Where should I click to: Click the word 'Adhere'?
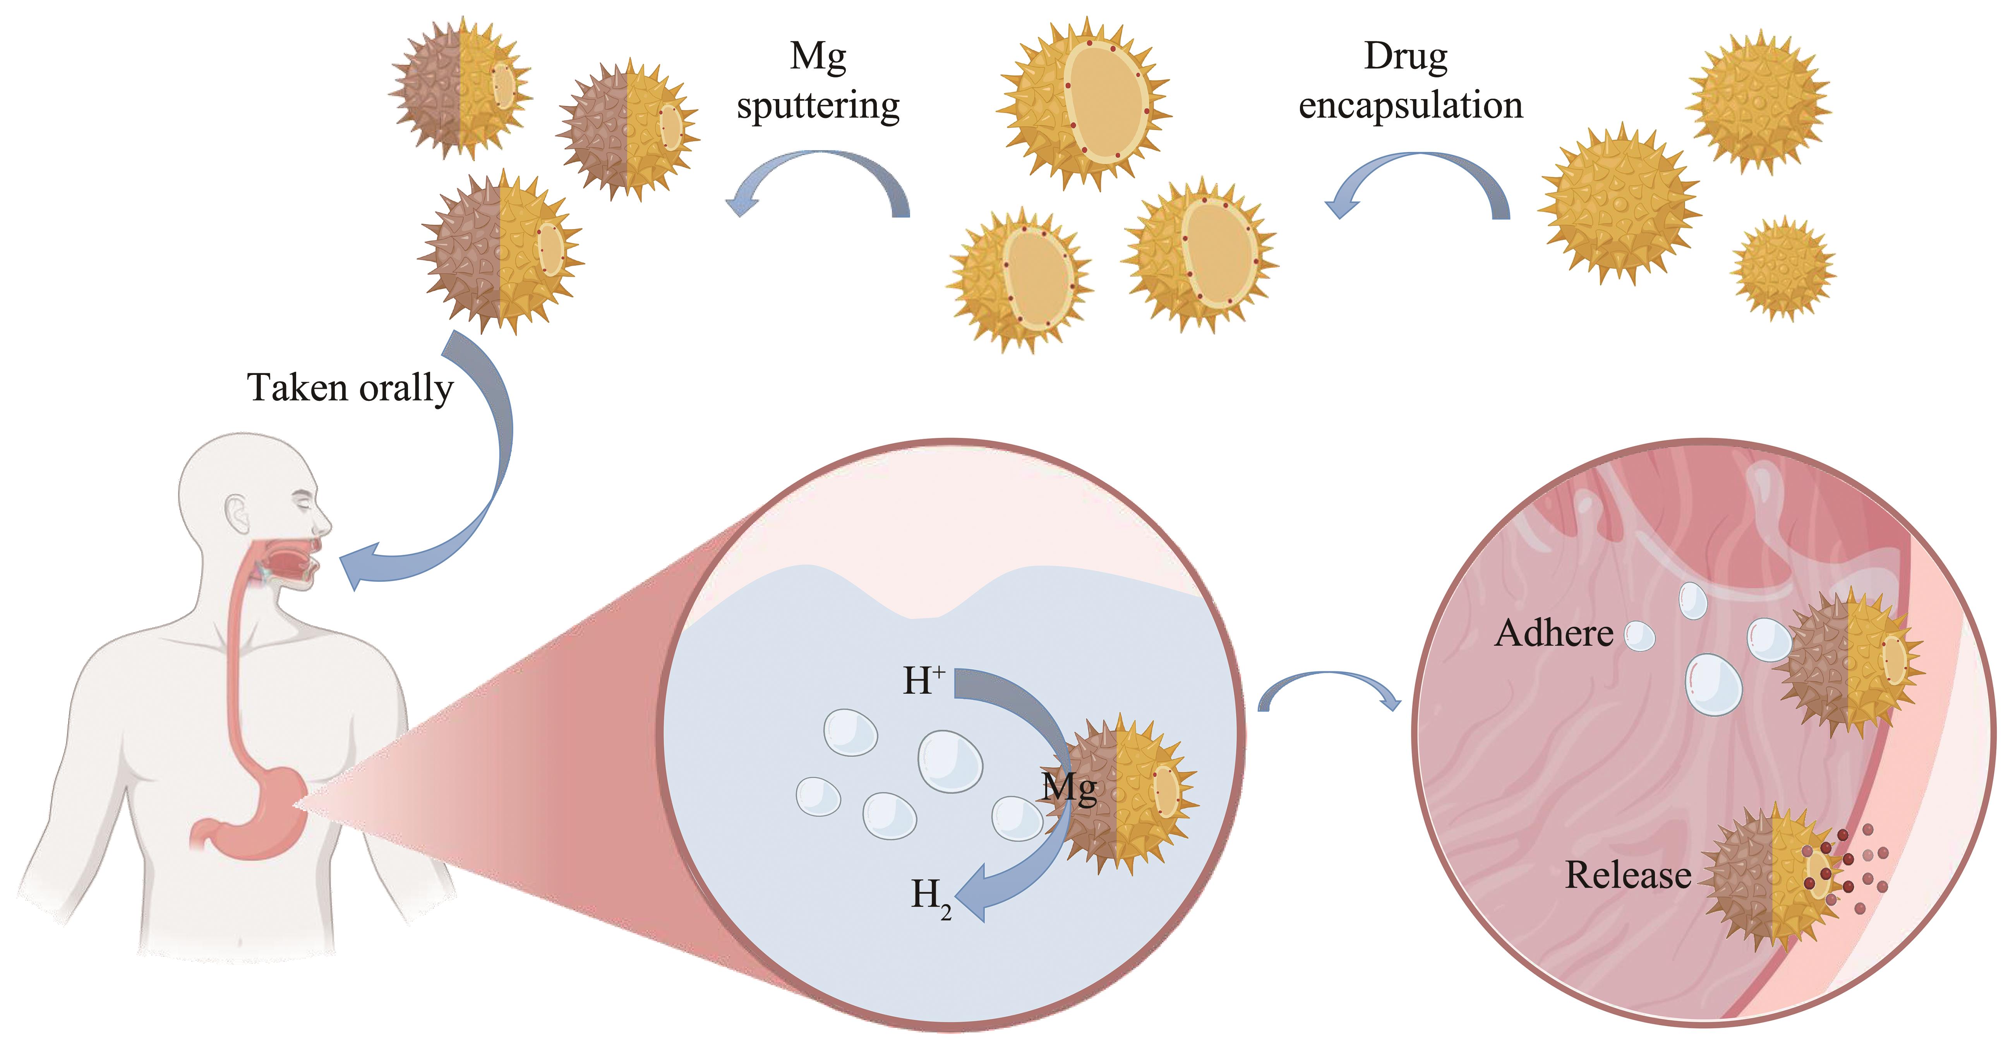pos(1553,634)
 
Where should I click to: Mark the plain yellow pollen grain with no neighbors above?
pos(1758,100)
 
